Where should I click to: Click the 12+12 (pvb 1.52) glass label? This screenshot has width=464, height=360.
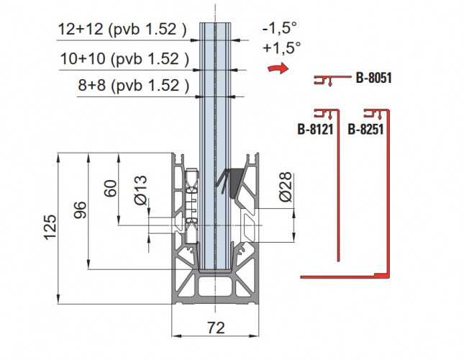point(122,30)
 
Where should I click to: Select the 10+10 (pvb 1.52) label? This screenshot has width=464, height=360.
point(124,59)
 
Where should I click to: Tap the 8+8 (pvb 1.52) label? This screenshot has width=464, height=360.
point(134,86)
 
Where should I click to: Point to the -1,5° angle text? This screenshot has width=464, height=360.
point(279,28)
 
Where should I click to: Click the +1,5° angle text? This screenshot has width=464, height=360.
point(281,48)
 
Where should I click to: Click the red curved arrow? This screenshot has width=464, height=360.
point(278,68)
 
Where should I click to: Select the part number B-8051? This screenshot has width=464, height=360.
point(374,78)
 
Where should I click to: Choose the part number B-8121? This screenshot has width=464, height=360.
point(316,130)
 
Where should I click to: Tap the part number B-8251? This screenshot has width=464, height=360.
point(365,130)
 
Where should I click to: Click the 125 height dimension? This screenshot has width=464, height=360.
point(50,227)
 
